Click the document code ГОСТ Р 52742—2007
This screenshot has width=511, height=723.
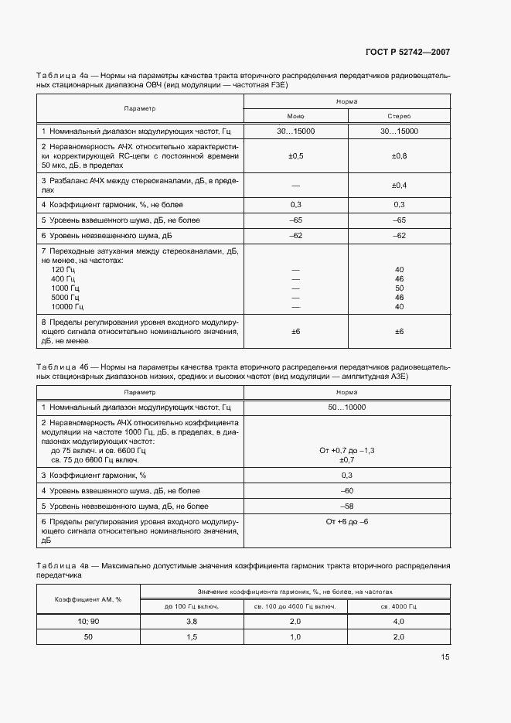(407, 53)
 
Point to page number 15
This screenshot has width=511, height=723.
(445, 657)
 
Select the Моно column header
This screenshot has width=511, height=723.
(295, 115)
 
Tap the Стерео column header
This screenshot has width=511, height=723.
(399, 115)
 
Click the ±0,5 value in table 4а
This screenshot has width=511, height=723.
(295, 156)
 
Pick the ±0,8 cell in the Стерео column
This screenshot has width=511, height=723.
(399, 156)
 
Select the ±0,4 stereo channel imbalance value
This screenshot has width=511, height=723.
(399, 186)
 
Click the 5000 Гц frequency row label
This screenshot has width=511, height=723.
(65, 297)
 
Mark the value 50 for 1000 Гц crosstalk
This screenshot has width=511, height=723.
(399, 288)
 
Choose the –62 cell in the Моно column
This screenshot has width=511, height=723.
(295, 235)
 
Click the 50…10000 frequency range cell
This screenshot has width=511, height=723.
(346, 407)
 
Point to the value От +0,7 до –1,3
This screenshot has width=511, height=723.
(346, 450)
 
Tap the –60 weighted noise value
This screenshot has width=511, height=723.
(346, 490)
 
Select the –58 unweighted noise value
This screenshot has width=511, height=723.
(346, 506)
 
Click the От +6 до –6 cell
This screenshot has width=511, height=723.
(346, 522)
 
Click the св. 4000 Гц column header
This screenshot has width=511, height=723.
(399, 607)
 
